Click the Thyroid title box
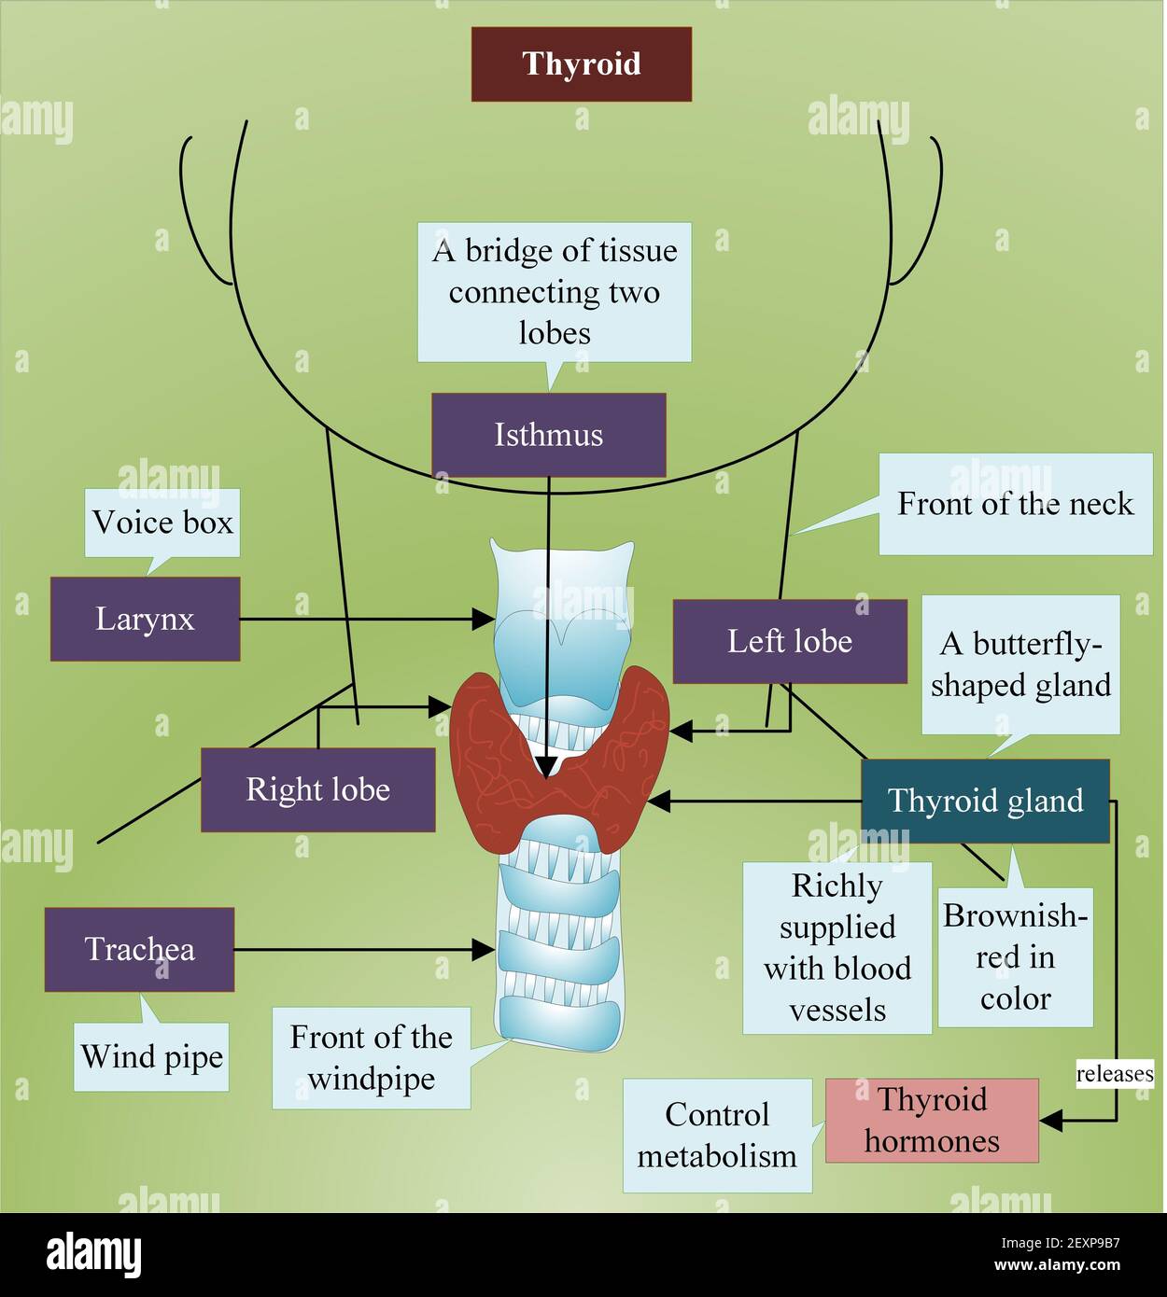[581, 63]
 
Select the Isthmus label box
[548, 435]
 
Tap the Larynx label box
[145, 619]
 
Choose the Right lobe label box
[317, 789]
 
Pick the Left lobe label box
[789, 641]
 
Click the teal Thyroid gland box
[985, 801]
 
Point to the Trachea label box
[139, 949]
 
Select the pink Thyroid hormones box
[932, 1120]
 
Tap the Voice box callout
[162, 523]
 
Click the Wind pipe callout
[151, 1057]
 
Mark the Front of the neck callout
[1015, 504]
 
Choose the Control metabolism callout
[717, 1136]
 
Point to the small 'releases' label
[1115, 1074]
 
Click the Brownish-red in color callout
[1015, 957]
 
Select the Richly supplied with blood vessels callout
[837, 947]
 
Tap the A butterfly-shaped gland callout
[1020, 664]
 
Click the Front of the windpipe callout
[371, 1057]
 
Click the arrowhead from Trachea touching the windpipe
[484, 950]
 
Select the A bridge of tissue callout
[554, 291]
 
